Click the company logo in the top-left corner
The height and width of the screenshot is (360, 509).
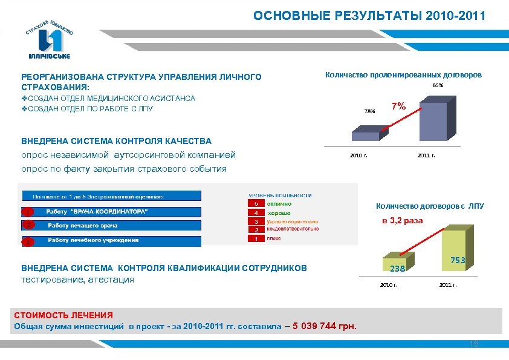[50, 38]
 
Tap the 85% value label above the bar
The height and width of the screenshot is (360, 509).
[438, 86]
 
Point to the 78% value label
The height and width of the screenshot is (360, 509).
[369, 111]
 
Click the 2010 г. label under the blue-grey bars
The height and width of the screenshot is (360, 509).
[358, 155]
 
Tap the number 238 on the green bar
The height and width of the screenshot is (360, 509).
[397, 268]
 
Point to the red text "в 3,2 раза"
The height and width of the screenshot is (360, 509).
[402, 221]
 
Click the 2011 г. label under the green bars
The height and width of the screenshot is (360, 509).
[448, 284]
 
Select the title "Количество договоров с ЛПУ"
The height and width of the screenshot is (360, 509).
[430, 206]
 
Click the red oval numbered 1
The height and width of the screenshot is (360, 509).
[28, 212]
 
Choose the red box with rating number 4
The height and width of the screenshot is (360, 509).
[256, 213]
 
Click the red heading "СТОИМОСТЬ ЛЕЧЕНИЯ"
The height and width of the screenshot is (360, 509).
[63, 315]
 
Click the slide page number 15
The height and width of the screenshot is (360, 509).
[474, 344]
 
